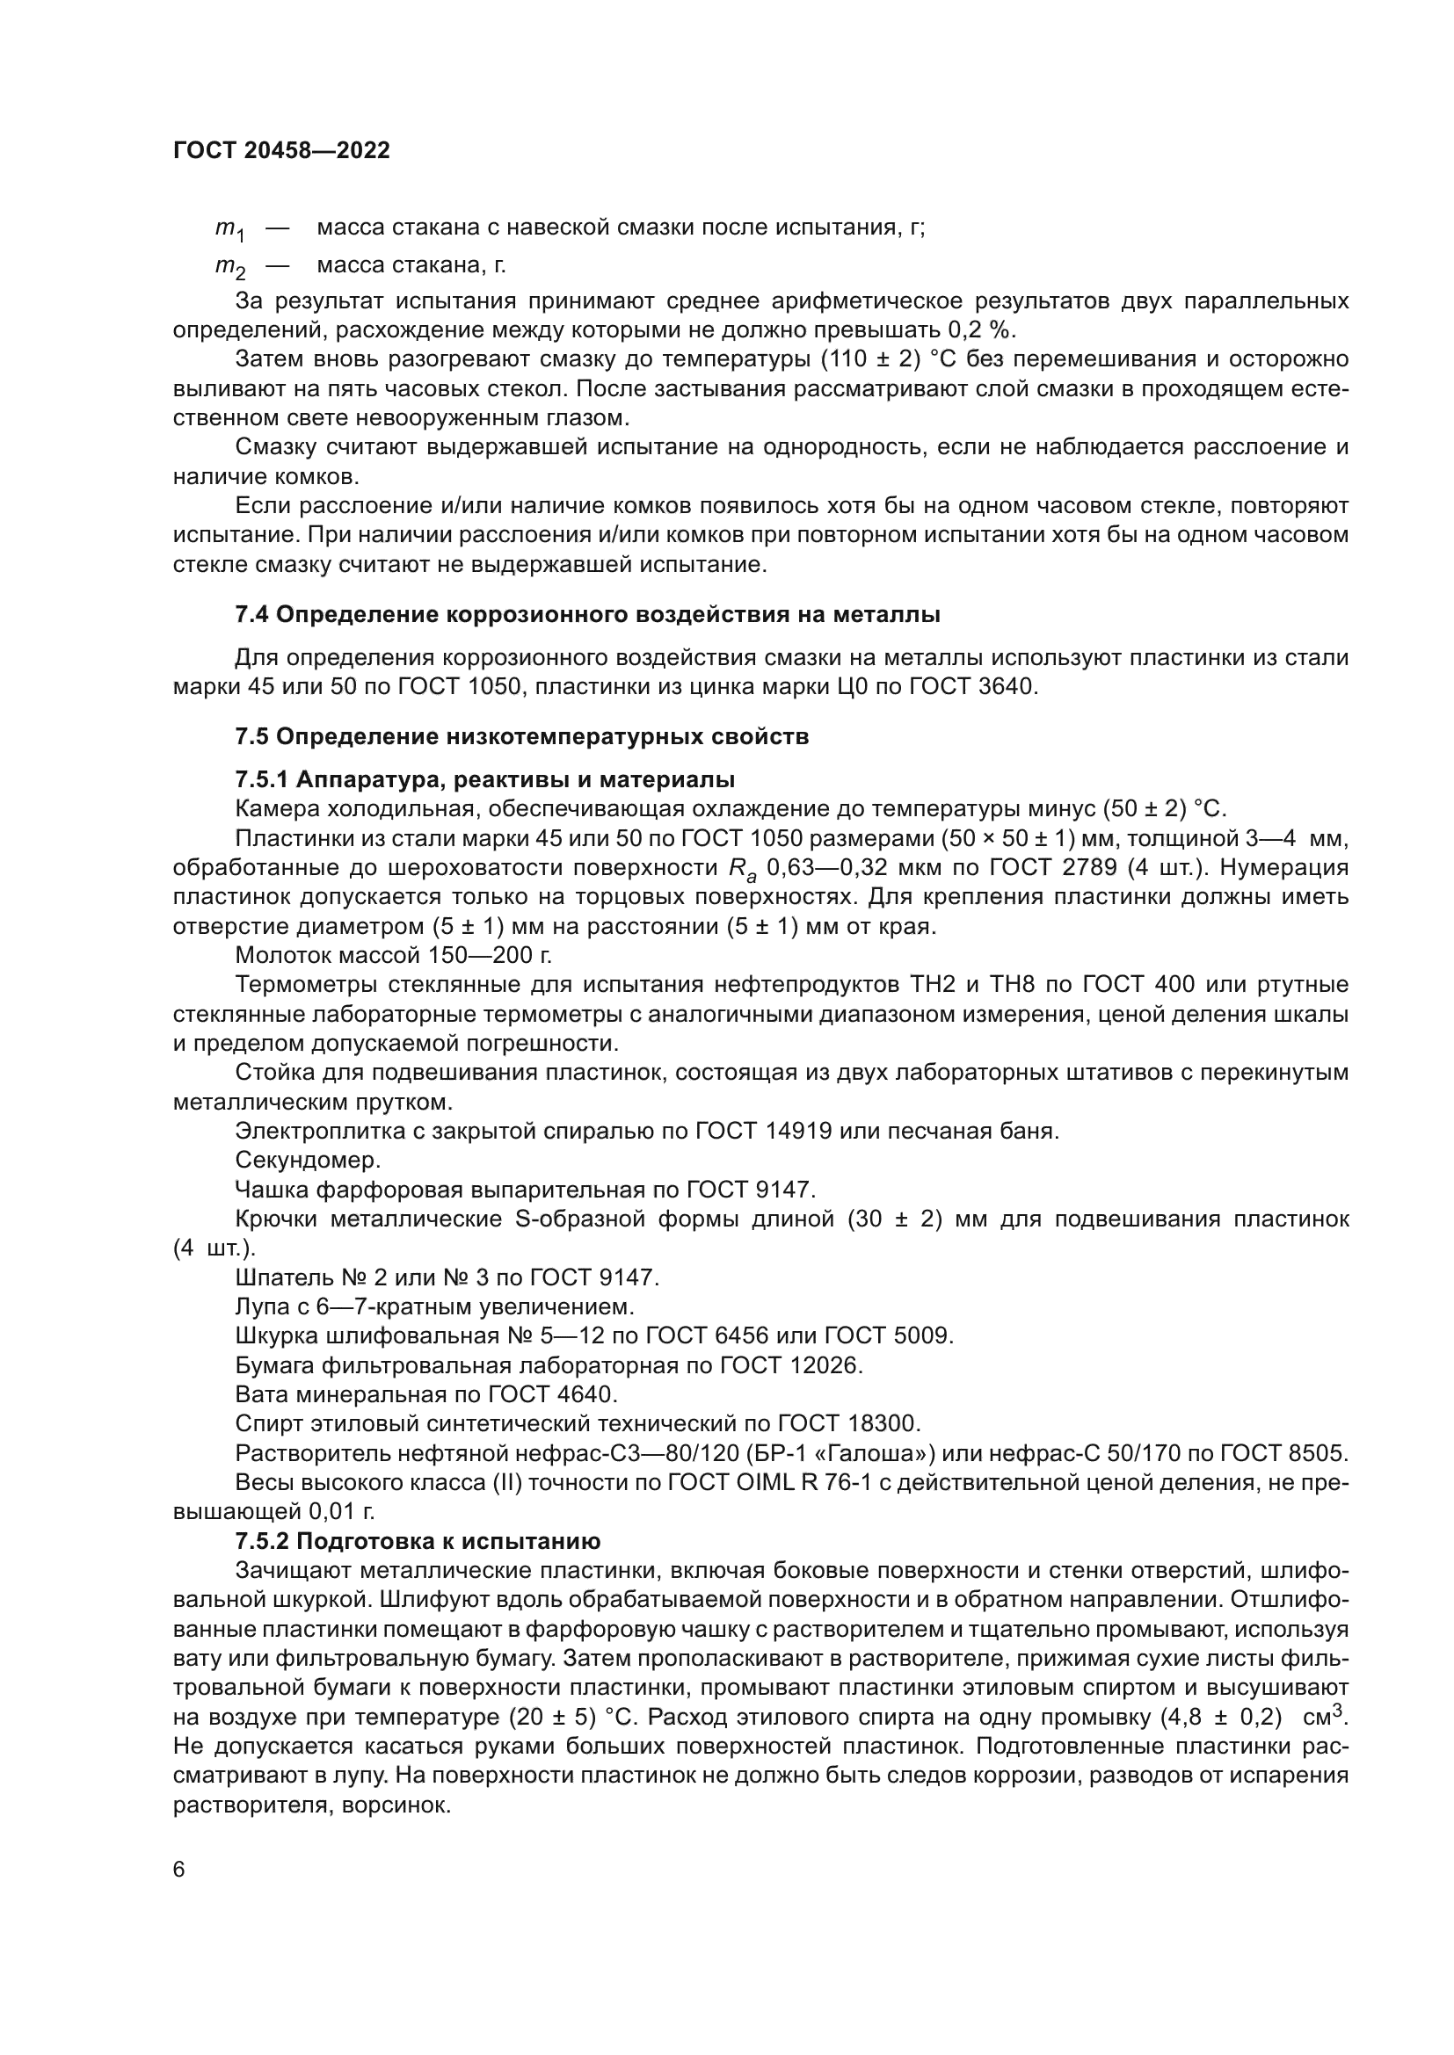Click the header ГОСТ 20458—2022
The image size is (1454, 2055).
281,150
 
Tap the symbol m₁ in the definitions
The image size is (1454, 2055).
229,230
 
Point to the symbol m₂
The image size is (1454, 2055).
229,268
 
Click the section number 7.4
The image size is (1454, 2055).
251,615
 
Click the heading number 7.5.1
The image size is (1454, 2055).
262,778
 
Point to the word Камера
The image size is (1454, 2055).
270,809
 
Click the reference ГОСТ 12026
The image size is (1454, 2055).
795,1365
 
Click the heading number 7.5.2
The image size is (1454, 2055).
262,1541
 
